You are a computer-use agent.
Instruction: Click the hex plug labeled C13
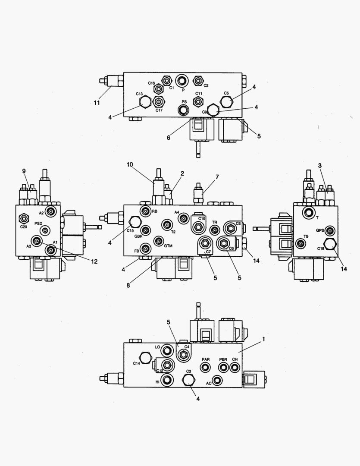(144, 102)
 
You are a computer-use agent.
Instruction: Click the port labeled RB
(145, 211)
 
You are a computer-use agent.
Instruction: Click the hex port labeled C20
(24, 219)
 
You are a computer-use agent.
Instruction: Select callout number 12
(94, 261)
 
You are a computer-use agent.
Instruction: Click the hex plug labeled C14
(145, 358)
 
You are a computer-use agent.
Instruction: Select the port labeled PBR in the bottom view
(223, 367)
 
